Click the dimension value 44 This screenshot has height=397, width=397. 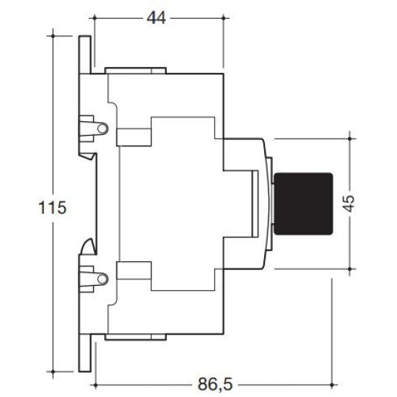click(x=157, y=18)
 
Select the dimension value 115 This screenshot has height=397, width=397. click(x=53, y=208)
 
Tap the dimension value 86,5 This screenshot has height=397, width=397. click(x=215, y=384)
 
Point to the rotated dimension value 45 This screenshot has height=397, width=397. click(x=349, y=204)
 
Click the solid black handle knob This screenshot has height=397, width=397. click(x=303, y=204)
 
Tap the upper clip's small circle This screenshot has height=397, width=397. click(x=102, y=128)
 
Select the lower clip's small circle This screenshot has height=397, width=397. click(x=102, y=279)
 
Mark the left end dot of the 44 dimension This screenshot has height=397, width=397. click(x=95, y=18)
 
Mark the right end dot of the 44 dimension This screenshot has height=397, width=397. click(x=223, y=18)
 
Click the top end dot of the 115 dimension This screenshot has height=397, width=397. click(x=53, y=36)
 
